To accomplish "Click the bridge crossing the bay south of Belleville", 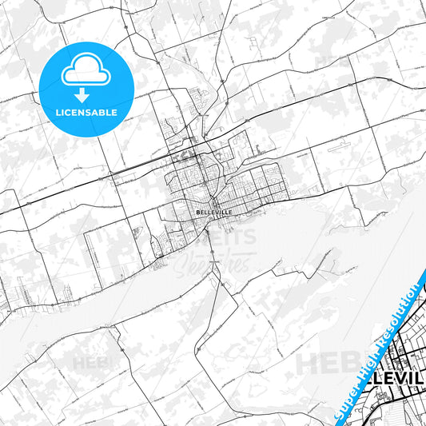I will point(212,253).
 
